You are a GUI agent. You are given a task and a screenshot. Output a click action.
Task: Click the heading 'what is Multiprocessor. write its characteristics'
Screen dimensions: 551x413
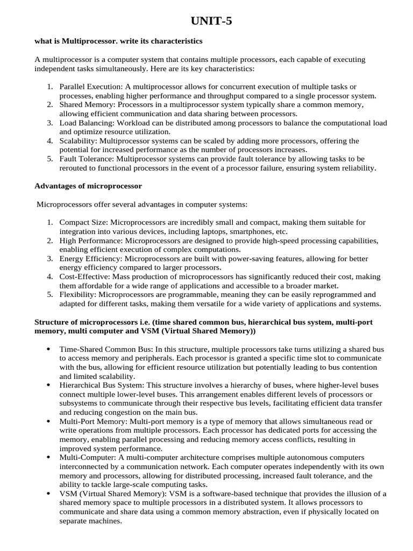coord(118,41)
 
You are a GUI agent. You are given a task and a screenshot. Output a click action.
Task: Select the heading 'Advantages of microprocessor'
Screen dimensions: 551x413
coord(88,186)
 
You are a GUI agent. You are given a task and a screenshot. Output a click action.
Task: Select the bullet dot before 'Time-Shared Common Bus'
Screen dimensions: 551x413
coord(48,349)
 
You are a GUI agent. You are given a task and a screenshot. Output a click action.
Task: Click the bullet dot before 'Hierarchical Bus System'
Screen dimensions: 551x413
coord(48,385)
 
